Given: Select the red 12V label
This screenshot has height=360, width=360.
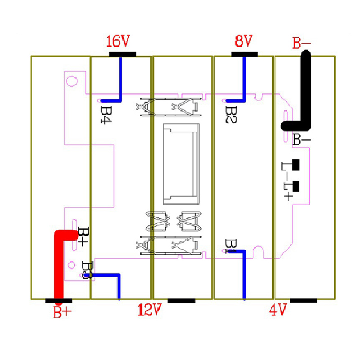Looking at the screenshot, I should [149, 310].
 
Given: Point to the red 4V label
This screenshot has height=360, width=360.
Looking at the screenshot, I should [278, 310].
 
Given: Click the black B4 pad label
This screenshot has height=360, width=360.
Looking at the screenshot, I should [106, 115].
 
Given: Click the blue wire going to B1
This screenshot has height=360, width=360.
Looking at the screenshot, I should [244, 274].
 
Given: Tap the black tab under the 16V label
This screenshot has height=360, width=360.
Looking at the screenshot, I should [122, 54].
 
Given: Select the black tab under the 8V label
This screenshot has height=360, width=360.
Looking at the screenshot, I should [244, 54].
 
